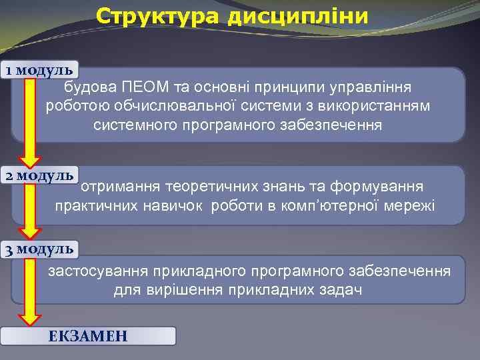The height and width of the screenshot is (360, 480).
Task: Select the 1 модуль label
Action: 40,70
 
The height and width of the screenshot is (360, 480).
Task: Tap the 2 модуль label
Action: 40,176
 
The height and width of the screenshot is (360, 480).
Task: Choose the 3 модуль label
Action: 40,249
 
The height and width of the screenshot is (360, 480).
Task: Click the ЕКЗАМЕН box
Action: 88,336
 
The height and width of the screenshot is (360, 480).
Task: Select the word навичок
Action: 175,205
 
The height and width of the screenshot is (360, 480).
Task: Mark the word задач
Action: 341,291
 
